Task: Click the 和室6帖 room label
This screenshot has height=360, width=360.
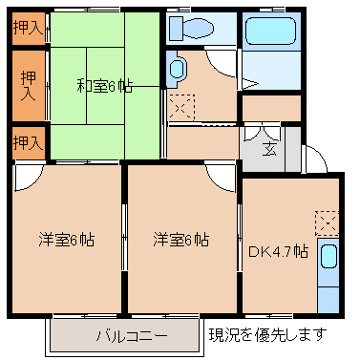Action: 104,86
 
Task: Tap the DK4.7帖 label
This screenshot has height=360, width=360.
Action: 278,252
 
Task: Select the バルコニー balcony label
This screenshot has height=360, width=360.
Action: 132,336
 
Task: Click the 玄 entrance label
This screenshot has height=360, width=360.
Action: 269,149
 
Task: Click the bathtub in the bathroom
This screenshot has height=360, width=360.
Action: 270,31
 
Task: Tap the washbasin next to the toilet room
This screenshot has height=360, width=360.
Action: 176,69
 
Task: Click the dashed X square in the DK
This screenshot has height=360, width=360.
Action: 327,222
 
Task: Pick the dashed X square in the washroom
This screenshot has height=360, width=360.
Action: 181,107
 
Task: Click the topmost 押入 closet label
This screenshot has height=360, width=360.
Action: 28,29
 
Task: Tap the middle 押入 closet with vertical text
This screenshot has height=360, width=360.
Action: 28,86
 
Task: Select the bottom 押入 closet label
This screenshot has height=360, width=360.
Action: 28,143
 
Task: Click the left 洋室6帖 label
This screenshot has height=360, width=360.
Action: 66,240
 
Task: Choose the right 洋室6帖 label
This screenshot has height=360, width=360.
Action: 180,240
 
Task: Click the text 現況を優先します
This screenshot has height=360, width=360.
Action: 267,334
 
